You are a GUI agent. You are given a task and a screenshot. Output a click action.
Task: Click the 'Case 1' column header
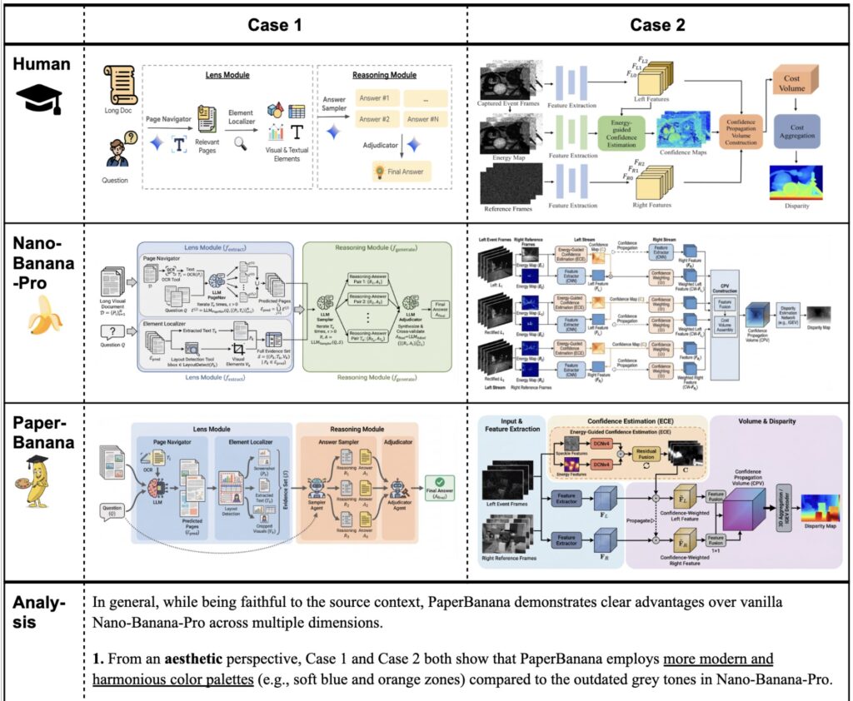coord(275,24)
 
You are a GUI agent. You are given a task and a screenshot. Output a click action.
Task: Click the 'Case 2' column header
coord(657,24)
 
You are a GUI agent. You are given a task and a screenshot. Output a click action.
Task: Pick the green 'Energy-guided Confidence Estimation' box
coord(621,133)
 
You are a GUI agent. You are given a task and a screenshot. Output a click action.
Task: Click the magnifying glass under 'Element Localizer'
coord(241,143)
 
